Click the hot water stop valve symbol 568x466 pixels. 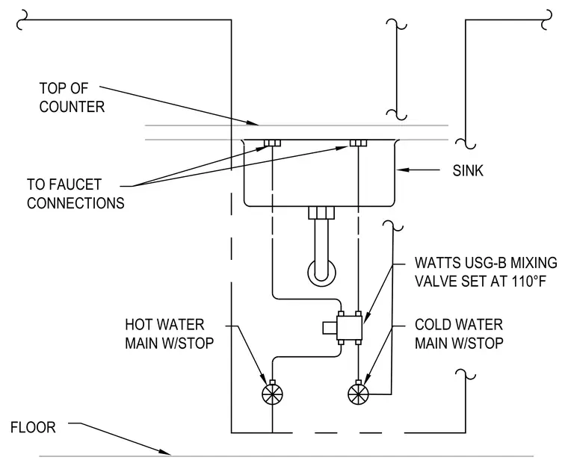click(272, 394)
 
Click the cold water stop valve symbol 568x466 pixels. click(358, 394)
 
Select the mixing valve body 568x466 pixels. click(349, 328)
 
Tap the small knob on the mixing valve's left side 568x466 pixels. click(330, 328)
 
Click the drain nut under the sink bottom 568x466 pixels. click(321, 213)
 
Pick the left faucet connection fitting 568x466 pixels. click(272, 143)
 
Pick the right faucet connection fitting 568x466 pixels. click(358, 143)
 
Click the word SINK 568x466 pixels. click(468, 170)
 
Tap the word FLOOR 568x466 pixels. click(33, 428)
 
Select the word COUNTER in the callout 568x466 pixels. click(72, 107)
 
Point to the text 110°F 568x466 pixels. click(529, 282)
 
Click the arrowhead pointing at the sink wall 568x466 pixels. click(403, 170)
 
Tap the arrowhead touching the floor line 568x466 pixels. click(165, 452)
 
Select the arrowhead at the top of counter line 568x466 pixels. click(253, 122)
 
